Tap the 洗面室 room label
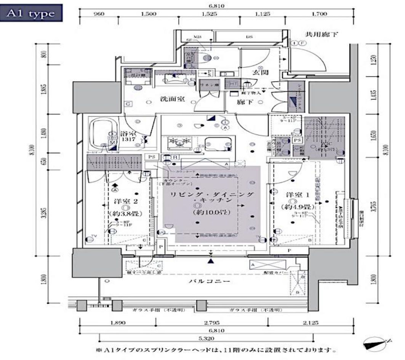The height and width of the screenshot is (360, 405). click(x=172, y=99)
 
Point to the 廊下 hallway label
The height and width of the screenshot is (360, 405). click(x=254, y=102)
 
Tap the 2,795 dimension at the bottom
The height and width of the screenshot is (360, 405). click(x=212, y=323)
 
